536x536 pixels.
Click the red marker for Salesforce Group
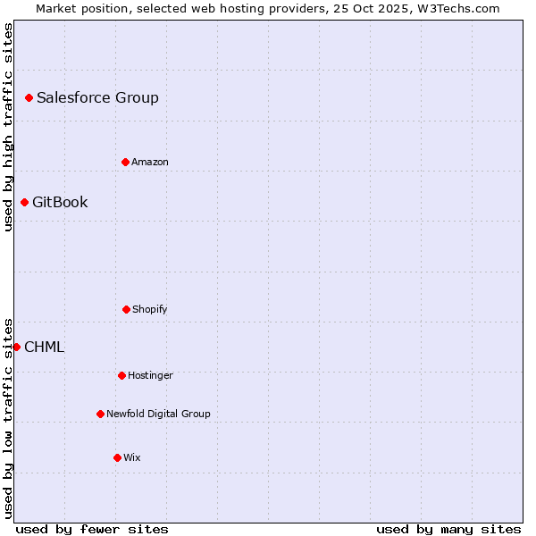point(29,97)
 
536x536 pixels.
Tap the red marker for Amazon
point(125,162)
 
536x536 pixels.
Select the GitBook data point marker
point(24,202)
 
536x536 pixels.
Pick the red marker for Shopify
point(126,309)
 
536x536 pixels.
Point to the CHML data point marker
point(16,347)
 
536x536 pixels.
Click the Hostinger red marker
point(121,375)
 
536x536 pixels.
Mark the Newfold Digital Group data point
point(100,414)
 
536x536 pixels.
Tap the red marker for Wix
point(117,457)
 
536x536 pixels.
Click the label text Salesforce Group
point(97,97)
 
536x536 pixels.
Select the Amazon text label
point(150,162)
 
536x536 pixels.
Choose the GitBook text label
point(60,202)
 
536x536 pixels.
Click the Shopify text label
point(150,309)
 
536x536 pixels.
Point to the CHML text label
point(45,347)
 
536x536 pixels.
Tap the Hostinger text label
point(150,375)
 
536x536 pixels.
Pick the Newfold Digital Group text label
point(158,414)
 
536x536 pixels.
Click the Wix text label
point(132,457)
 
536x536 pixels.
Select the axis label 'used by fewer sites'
point(92,529)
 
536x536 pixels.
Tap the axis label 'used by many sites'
point(448,529)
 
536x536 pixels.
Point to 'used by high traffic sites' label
point(8,127)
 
